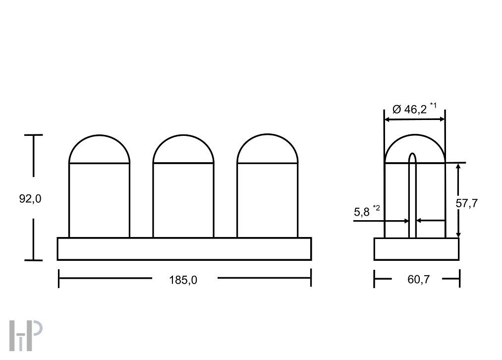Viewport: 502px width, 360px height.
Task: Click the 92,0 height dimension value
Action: pos(30,199)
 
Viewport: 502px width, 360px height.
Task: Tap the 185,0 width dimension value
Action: pos(183,280)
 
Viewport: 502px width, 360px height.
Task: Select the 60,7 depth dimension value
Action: pos(418,280)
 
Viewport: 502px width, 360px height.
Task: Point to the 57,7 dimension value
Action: pos(467,203)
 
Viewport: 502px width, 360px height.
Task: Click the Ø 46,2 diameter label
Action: pos(409,110)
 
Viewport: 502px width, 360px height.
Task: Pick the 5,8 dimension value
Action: pos(362,212)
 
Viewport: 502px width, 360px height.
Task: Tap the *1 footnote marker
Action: pos(433,105)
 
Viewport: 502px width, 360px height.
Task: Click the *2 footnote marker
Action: pos(377,208)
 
